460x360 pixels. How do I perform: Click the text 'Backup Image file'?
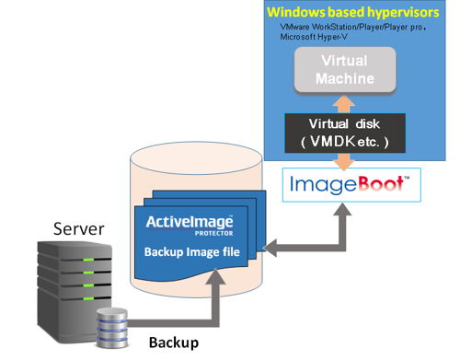pos(193,251)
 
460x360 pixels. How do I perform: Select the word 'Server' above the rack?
pos(78,227)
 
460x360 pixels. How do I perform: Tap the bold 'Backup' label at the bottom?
pos(174,343)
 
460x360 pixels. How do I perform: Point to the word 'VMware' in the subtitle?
pos(299,29)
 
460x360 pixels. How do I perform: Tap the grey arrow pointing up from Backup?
pos(217,299)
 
